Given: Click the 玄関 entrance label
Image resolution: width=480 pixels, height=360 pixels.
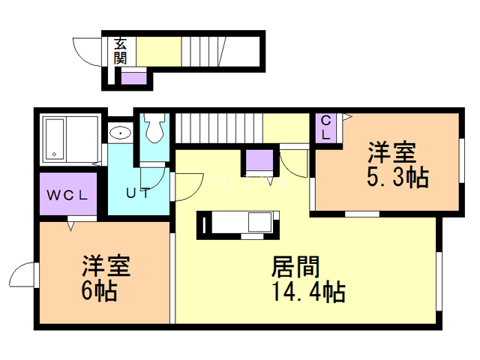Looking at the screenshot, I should point(121,51).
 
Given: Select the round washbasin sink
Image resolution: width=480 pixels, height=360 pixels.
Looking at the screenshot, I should point(120,133).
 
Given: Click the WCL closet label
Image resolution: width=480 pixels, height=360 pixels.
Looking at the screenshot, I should point(69,195).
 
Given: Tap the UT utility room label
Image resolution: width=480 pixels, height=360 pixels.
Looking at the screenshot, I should point(137,193).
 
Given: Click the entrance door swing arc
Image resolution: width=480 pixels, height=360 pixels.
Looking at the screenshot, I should point(87,51).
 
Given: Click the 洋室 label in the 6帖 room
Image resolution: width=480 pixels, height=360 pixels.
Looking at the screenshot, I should point(106,267).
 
